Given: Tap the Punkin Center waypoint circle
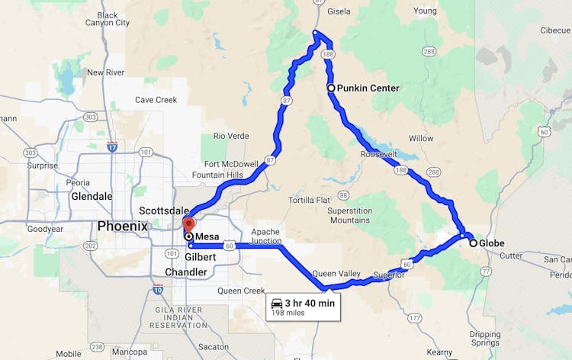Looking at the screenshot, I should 331,88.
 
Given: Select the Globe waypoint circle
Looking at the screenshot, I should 474,243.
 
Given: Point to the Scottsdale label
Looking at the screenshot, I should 163,210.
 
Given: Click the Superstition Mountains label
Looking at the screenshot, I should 349,215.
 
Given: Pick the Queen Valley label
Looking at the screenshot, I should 336,273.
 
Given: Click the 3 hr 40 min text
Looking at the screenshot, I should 310,303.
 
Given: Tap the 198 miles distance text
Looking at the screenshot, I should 288,313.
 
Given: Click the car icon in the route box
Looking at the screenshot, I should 277,303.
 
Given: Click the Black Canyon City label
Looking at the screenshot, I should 108,19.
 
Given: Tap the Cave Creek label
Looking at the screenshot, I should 156,100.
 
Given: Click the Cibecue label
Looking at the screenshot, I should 554,31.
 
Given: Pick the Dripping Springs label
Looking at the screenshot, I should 485,339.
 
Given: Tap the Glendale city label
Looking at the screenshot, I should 92,196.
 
